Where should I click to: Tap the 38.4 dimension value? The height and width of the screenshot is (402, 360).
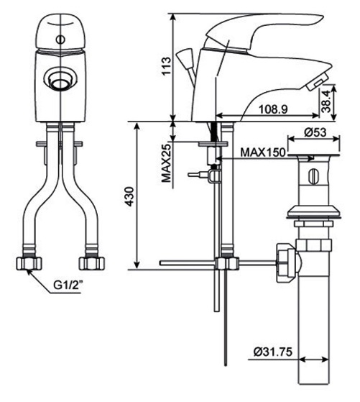328,101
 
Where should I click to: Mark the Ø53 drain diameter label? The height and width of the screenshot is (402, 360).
316,132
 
